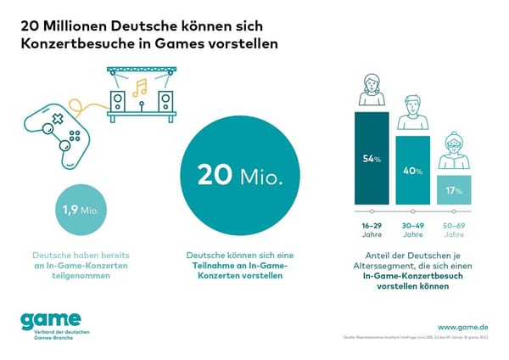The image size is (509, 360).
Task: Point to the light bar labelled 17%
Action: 454,189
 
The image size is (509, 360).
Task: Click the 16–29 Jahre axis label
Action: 371,229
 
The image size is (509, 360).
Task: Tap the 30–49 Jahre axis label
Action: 412,229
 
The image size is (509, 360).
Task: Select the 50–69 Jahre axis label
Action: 454,229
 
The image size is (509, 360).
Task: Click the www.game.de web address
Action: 463,326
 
